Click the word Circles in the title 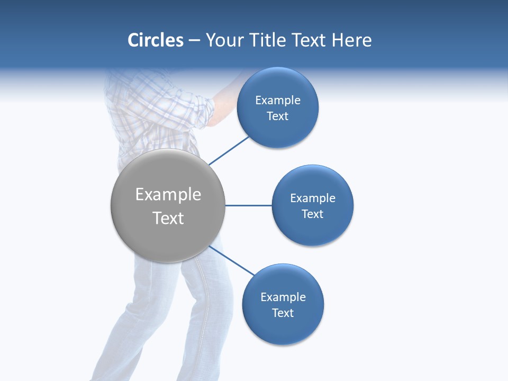tap(156, 40)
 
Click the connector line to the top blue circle tap(229, 150)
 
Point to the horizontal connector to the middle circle tap(248, 205)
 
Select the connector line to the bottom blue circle tap(232, 261)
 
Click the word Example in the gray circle tap(168, 195)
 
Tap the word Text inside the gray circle tap(168, 218)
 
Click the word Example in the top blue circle tap(278, 100)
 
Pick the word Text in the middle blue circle tap(312, 214)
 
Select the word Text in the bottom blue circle tap(283, 313)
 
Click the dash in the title tap(194, 41)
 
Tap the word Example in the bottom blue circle tap(283, 297)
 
